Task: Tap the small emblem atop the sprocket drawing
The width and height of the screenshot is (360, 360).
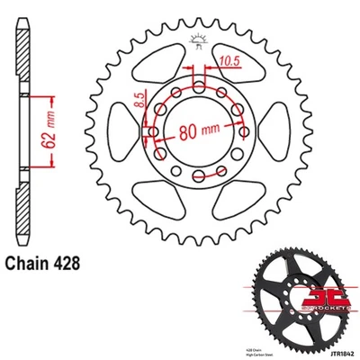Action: coord(198,37)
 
